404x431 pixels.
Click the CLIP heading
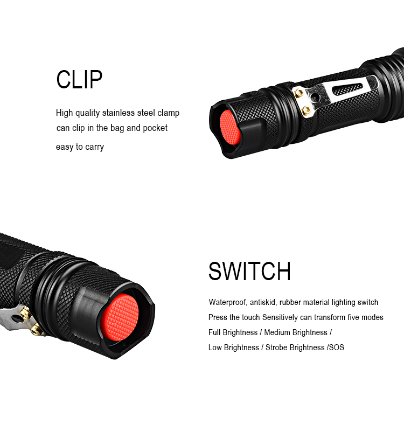pos(79,79)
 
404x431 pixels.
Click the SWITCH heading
pos(249,272)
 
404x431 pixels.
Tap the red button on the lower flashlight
pos(120,317)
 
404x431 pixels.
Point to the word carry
pos(95,147)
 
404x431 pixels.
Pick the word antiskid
pos(262,302)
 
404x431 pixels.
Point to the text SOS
pos(336,347)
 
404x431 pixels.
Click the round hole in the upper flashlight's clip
pos(315,97)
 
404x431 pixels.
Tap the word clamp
pos(169,113)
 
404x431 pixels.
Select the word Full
pos(214,332)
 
